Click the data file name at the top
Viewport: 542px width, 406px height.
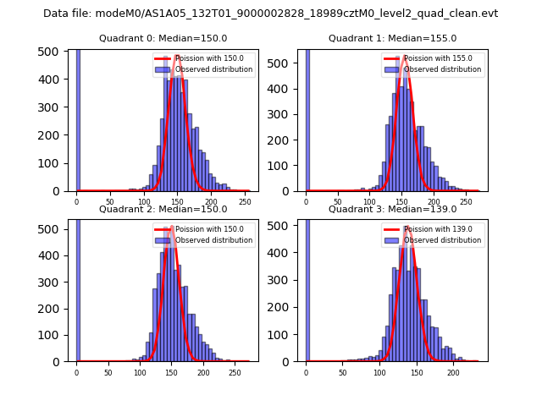click(270, 14)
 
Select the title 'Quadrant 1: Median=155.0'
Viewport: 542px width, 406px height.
click(392, 39)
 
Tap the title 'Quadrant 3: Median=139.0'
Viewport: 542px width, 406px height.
click(392, 209)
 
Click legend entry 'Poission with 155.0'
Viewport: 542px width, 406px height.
click(436, 59)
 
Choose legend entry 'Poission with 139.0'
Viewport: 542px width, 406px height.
click(436, 229)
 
